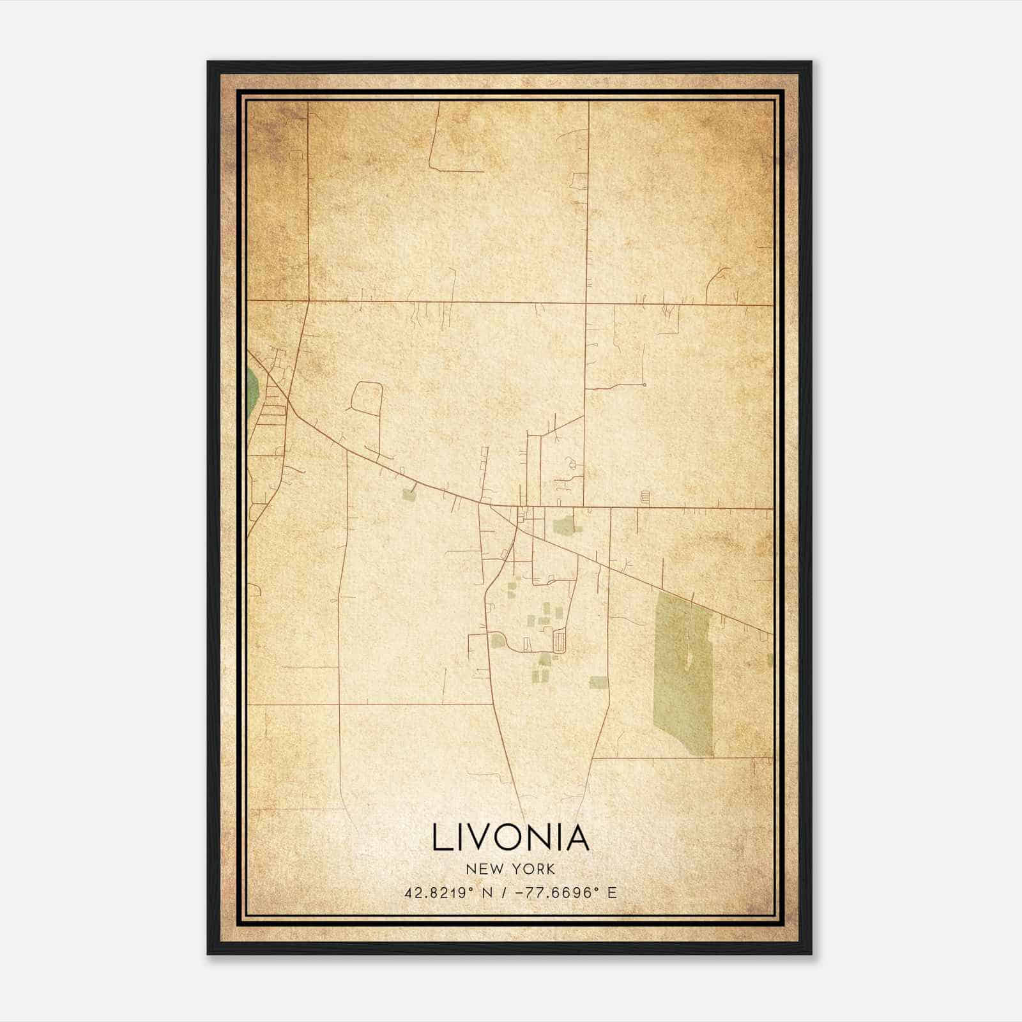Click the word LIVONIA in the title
[x=510, y=838]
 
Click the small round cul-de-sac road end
[x=644, y=385]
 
